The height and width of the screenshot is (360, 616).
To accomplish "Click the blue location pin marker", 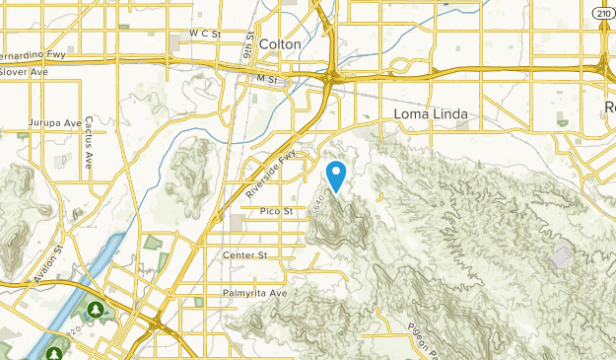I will (336, 176).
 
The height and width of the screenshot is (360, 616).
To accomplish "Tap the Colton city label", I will (280, 43).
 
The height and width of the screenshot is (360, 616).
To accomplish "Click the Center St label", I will (245, 255).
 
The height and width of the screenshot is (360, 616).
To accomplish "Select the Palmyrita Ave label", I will (254, 293).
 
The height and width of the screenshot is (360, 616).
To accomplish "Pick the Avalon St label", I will (46, 265).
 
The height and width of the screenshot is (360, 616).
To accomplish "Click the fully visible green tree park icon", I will (96, 310).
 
